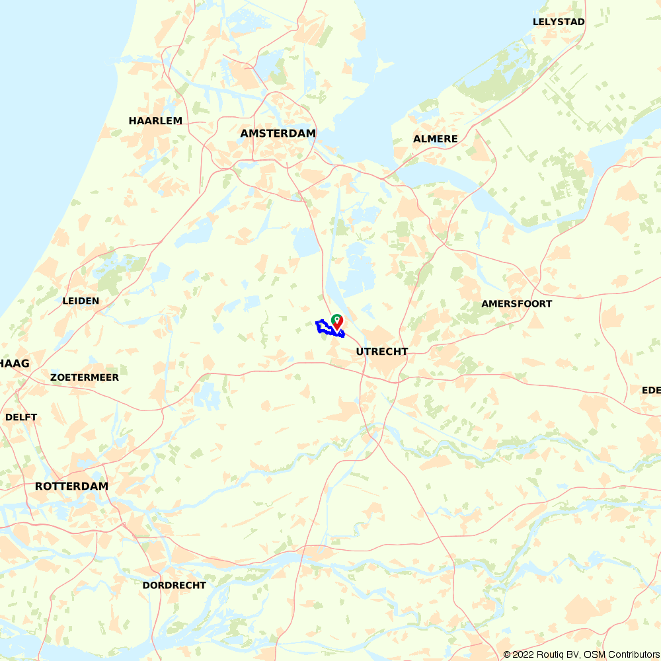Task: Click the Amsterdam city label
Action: click(278, 134)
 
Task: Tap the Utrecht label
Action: click(382, 352)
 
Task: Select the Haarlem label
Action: click(155, 121)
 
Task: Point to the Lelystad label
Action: click(559, 22)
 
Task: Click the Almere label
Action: click(436, 139)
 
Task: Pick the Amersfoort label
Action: click(516, 304)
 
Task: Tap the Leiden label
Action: click(81, 301)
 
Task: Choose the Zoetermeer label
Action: click(85, 377)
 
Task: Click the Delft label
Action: click(21, 418)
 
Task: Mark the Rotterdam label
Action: click(71, 486)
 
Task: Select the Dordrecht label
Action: click(175, 585)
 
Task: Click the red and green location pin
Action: click(337, 322)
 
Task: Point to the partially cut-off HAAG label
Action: click(15, 364)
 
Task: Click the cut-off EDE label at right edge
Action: click(651, 391)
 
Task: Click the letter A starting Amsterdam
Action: click(245, 134)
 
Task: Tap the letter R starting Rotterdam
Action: click(39, 486)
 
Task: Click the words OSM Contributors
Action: click(621, 654)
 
